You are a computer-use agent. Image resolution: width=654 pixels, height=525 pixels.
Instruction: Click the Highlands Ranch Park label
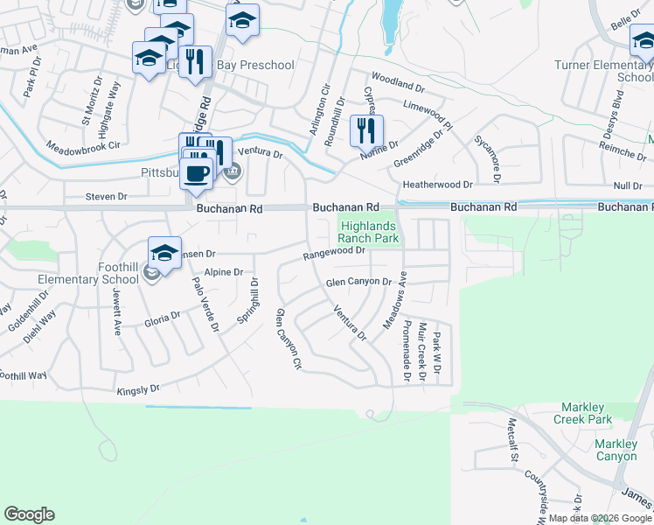[x=368, y=232]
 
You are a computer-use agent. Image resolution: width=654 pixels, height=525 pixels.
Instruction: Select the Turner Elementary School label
[x=603, y=71]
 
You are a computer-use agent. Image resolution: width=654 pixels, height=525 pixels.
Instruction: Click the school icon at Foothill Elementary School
[x=164, y=253]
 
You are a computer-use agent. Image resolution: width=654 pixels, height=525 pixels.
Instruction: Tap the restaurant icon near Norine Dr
[x=366, y=130]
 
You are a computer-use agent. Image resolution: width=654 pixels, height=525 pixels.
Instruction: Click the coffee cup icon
[x=197, y=171]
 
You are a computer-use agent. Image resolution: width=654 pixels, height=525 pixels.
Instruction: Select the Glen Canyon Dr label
[x=358, y=282]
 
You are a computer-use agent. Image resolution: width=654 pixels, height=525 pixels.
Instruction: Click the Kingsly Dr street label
[x=138, y=388]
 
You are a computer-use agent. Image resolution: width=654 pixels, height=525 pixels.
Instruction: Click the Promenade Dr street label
[x=406, y=350]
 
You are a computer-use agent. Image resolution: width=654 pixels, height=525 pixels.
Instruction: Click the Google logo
[x=29, y=514]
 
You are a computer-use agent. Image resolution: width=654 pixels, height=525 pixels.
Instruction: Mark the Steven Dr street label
[x=106, y=197]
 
